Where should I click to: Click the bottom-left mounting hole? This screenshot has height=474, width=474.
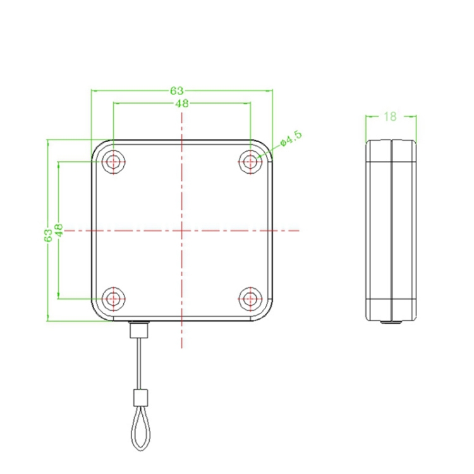(114, 298)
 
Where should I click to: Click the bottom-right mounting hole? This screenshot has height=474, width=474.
(251, 298)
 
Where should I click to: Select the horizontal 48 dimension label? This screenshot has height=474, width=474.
(182, 104)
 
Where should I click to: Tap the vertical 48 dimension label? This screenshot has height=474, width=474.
(59, 230)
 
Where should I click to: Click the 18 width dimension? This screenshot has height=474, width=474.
(390, 116)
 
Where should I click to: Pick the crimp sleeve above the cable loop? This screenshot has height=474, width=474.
(140, 398)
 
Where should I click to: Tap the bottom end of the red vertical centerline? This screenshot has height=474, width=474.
(182, 347)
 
